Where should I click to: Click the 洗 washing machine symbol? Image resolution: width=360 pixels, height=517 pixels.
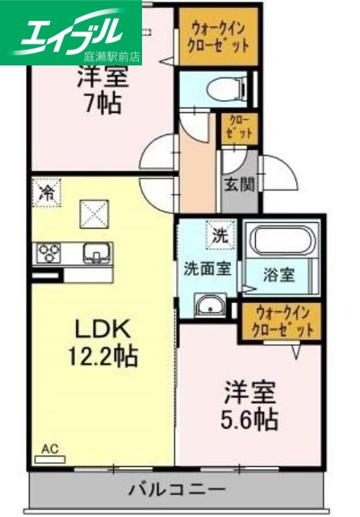[220, 236]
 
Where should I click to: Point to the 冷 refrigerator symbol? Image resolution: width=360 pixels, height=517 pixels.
[48, 193]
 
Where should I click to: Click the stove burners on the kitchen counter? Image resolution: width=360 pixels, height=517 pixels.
[48, 254]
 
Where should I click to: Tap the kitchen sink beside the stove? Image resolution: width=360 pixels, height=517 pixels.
[94, 254]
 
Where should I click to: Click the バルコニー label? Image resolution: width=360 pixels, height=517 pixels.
[176, 490]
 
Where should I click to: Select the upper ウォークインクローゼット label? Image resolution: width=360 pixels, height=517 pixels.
[214, 36]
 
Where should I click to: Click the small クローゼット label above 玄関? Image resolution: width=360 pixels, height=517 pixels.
[240, 128]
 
